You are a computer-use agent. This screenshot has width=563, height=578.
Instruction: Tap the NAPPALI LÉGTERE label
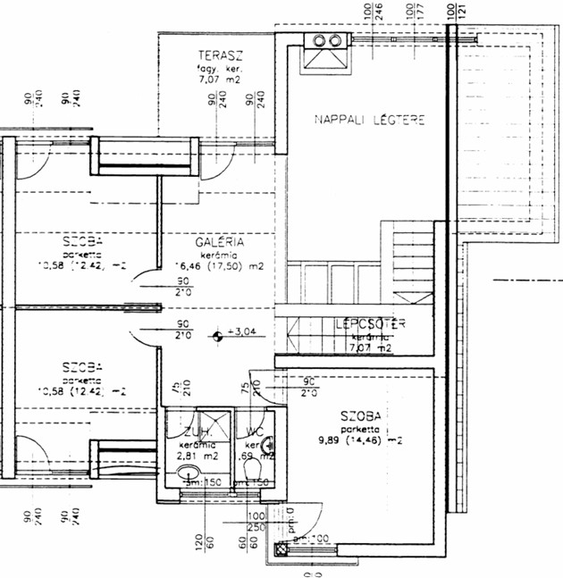[368, 119]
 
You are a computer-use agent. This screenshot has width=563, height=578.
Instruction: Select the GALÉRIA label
[219, 241]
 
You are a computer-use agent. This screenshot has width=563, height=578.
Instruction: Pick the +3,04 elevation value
[242, 332]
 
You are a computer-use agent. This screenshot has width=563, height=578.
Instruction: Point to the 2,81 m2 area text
[195, 454]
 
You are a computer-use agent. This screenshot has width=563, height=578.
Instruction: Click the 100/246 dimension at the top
[373, 13]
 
